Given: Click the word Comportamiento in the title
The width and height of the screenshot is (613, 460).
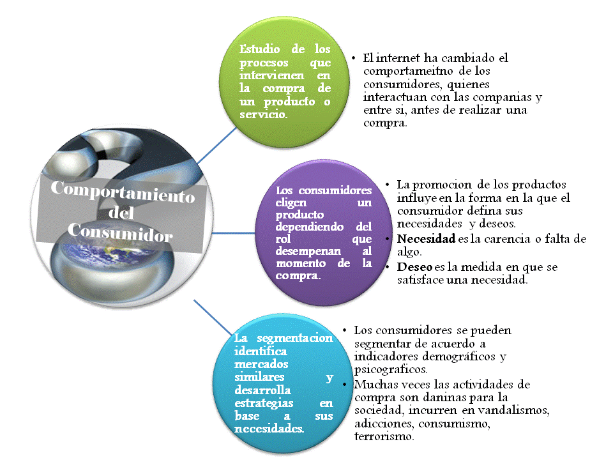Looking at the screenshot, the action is tap(122, 191).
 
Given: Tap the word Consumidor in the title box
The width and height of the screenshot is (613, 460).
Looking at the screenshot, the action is tap(120, 233).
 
